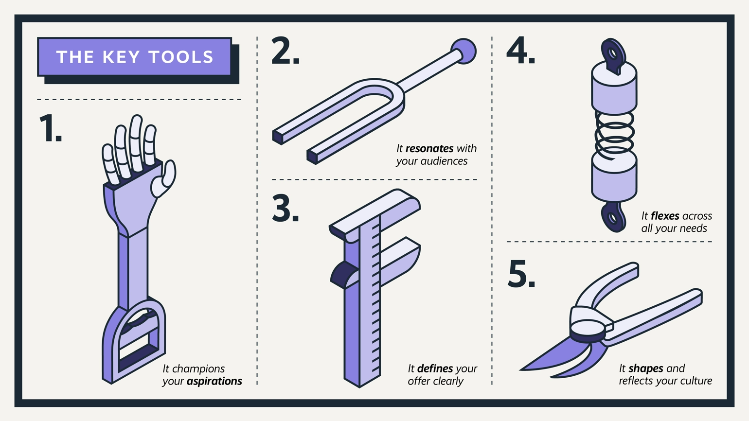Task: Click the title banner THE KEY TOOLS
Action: click(134, 57)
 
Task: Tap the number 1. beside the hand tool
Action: click(51, 128)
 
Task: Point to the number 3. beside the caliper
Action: click(285, 208)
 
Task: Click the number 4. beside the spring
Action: click(520, 50)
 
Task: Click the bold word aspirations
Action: click(214, 381)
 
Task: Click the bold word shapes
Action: click(646, 368)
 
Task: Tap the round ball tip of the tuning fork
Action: click(464, 51)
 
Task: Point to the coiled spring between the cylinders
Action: click(614, 135)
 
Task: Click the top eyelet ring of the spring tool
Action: click(613, 53)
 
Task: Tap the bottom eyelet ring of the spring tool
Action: click(613, 217)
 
